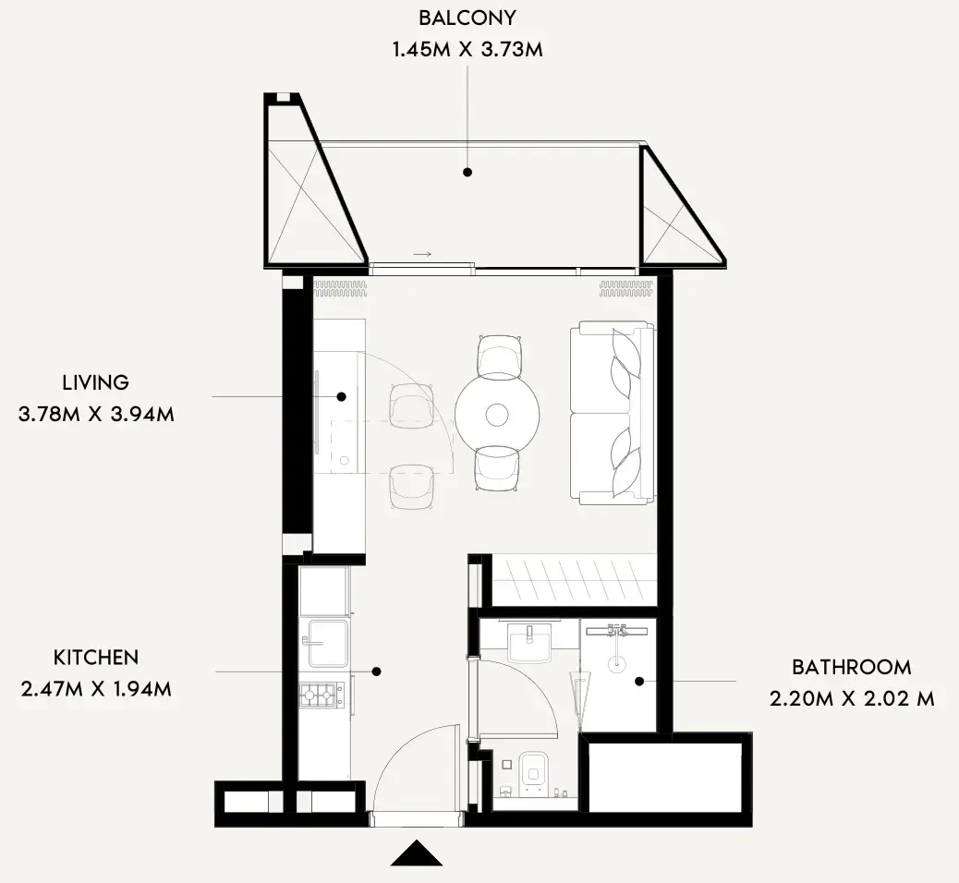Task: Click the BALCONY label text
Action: point(467,18)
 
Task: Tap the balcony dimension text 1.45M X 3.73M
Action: point(467,50)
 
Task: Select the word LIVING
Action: point(96,382)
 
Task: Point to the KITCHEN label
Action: point(96,658)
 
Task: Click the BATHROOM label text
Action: point(851,667)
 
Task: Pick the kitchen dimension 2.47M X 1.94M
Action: point(96,689)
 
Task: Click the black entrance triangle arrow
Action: point(417,853)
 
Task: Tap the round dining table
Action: point(497,416)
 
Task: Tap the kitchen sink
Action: point(327,643)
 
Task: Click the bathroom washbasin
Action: point(529,642)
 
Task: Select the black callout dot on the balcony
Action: point(467,173)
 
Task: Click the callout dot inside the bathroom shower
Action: point(639,682)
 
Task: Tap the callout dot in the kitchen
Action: point(377,671)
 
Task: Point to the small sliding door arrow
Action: point(422,254)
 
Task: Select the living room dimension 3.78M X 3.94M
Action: point(96,415)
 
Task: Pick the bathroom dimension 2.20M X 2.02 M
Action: point(851,699)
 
